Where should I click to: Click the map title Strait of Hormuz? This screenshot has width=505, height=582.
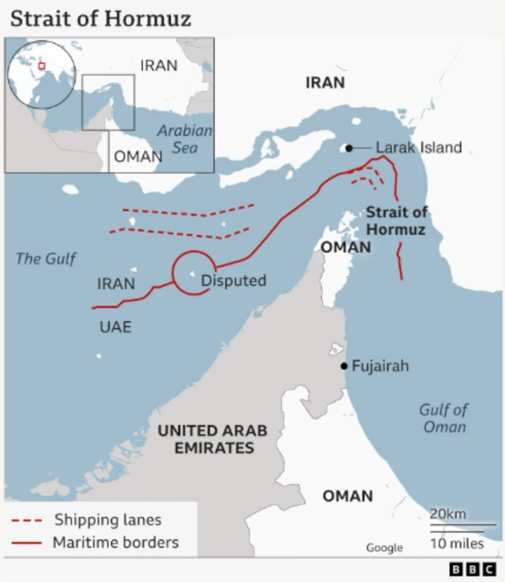point(100,17)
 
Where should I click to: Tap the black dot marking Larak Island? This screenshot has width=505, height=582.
point(348,148)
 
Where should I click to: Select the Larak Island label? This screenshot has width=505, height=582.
point(418,148)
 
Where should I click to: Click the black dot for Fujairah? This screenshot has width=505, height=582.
point(344,366)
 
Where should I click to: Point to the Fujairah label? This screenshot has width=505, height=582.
point(380,366)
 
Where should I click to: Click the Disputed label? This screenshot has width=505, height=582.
point(234,280)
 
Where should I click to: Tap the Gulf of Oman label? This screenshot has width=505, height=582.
point(444,418)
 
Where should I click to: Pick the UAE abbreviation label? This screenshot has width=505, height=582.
point(115,327)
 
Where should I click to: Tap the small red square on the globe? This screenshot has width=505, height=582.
point(42,66)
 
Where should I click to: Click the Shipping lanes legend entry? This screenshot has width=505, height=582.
point(107,520)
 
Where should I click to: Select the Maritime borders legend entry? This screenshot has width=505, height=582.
point(115,543)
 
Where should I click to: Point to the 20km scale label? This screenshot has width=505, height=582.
point(447,514)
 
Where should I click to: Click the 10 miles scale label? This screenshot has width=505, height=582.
point(458,543)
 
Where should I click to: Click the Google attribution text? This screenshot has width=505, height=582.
point(383,547)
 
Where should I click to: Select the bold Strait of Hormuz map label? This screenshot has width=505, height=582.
point(396,221)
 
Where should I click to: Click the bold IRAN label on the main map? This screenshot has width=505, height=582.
point(325,82)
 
